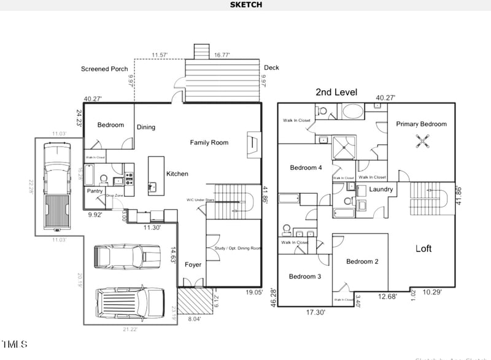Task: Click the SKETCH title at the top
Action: point(246,5)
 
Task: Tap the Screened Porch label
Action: point(104,69)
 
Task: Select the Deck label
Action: point(271,67)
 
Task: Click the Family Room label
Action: point(209,143)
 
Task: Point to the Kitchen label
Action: point(177,174)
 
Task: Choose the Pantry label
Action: point(95,191)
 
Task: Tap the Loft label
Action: point(423,248)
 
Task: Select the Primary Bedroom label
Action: point(421,124)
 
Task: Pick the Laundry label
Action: point(381,190)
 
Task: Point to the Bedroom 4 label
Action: point(306,168)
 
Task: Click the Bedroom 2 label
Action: point(362,262)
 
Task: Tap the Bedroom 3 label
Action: point(305,277)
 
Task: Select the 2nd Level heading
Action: point(336,92)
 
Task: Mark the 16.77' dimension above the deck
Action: point(222,55)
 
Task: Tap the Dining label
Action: point(146,128)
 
